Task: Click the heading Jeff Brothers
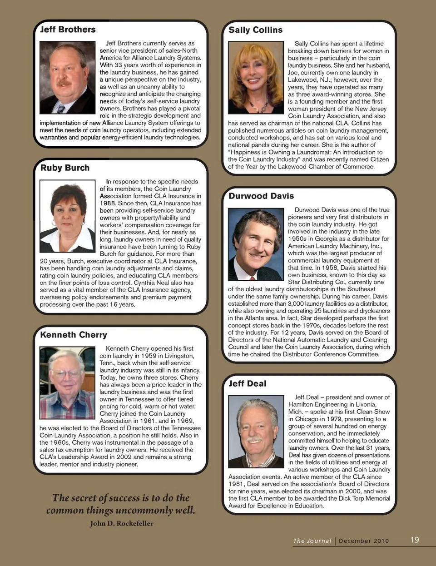coord(68,30)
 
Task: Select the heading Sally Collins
coord(255,30)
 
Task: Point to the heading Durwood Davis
coord(261,196)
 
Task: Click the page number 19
coord(415,540)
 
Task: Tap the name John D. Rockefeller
coord(122,523)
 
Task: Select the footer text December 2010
coord(364,541)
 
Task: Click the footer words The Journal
coord(312,541)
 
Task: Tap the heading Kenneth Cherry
coord(74,335)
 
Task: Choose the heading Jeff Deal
coord(248,383)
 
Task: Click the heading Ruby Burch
coord(65,168)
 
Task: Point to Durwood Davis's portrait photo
coord(256,244)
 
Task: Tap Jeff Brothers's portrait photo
coord(68,77)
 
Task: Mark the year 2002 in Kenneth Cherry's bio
coord(123,457)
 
